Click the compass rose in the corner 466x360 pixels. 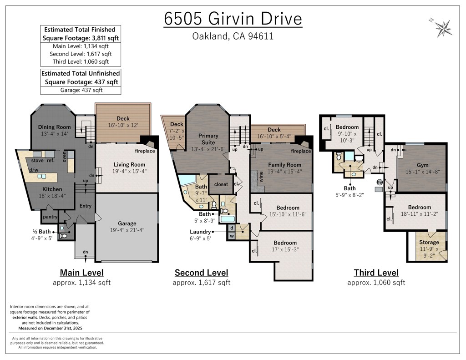[x=443, y=28]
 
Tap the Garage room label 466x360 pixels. [x=127, y=223]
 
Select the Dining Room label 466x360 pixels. [x=55, y=127]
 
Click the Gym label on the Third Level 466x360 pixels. [x=423, y=165]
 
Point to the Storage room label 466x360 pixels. [x=429, y=242]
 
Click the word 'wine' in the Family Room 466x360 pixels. [x=261, y=177]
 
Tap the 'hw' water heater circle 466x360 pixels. [x=380, y=182]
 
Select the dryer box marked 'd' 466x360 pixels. [x=232, y=228]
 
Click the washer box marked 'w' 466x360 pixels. [x=232, y=236]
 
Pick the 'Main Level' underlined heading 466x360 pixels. [x=82, y=273]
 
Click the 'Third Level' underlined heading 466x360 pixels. [x=376, y=273]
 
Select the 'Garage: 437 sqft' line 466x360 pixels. [x=81, y=90]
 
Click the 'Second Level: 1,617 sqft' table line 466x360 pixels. [x=81, y=54]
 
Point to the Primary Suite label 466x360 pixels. [x=208, y=139]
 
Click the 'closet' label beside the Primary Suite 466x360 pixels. [x=221, y=184]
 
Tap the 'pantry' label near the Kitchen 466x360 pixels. [x=50, y=217]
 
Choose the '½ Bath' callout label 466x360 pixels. [x=41, y=232]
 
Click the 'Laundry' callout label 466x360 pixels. [x=200, y=232]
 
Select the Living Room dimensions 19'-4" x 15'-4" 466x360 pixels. [x=130, y=171]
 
